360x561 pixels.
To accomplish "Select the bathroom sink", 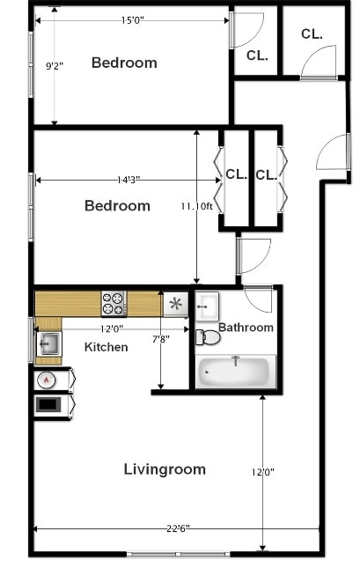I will click(x=206, y=306).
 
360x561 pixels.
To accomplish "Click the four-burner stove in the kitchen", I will click(x=114, y=304).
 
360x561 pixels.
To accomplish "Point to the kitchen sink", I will click(x=48, y=343).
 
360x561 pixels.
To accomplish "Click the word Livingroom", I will click(x=165, y=469).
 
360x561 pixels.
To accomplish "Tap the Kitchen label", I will click(x=106, y=347).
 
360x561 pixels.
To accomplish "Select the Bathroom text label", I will click(x=246, y=328).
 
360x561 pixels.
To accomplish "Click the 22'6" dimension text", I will click(x=175, y=528).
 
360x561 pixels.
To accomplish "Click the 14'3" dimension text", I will click(x=129, y=180).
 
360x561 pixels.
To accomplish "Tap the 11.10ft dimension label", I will click(x=197, y=206).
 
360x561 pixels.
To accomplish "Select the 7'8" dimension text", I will click(x=160, y=339).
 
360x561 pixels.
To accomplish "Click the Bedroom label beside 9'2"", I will click(x=124, y=63).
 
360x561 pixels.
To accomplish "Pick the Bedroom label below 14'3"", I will click(x=117, y=206).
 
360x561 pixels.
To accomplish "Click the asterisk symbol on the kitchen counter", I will click(x=175, y=305).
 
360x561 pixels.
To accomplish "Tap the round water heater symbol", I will click(x=46, y=380).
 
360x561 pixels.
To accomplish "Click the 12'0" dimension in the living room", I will click(x=263, y=472).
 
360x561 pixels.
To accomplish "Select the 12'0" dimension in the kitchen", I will click(x=110, y=328).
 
